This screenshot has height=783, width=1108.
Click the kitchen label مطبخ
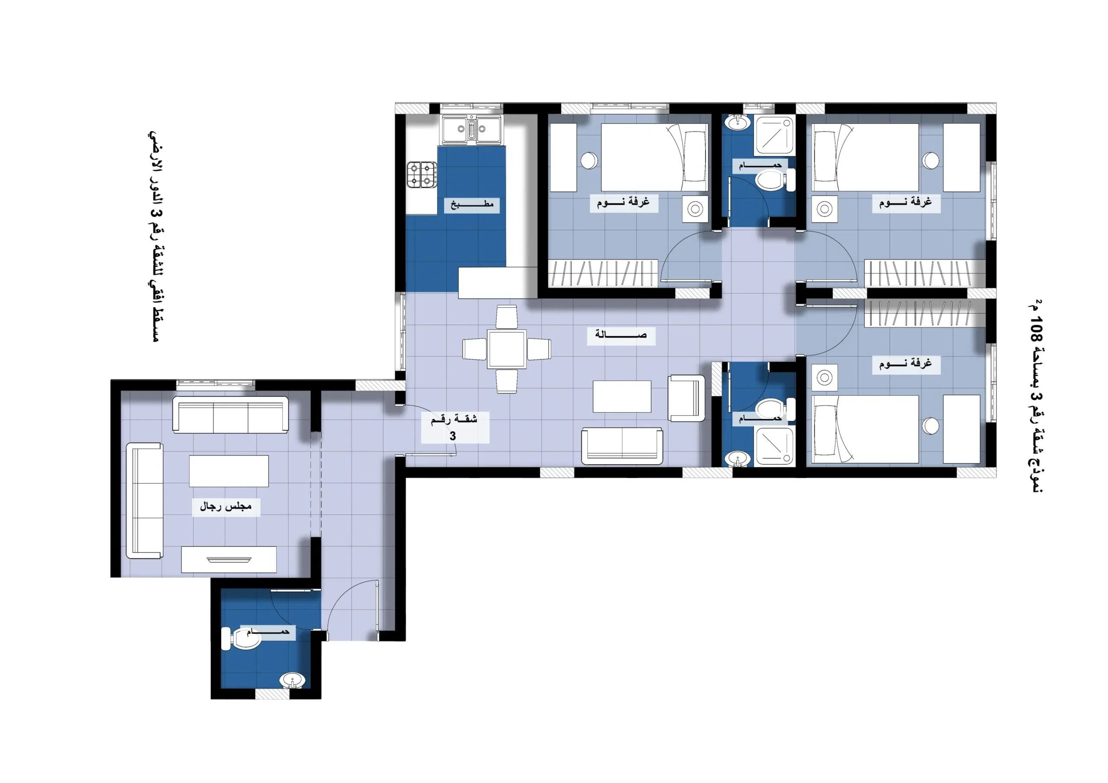click(x=472, y=205)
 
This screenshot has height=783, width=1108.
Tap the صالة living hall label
click(x=621, y=334)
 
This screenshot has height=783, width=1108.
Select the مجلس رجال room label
click(x=226, y=506)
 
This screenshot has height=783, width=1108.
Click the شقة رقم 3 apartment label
click(x=454, y=427)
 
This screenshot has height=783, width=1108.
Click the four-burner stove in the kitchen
click(x=422, y=175)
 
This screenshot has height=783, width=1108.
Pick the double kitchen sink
click(x=471, y=129)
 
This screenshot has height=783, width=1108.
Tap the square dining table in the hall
click(x=507, y=349)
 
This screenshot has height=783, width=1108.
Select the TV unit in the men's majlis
click(x=229, y=559)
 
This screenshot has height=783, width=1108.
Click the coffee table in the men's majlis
click(x=229, y=471)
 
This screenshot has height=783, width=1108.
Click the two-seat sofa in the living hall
click(x=622, y=446)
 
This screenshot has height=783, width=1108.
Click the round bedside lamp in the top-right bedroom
click(x=931, y=160)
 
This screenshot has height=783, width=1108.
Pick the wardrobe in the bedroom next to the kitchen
click(x=603, y=273)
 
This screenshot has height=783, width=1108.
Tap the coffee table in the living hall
click(x=622, y=396)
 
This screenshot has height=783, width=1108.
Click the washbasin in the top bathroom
click(x=738, y=122)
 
